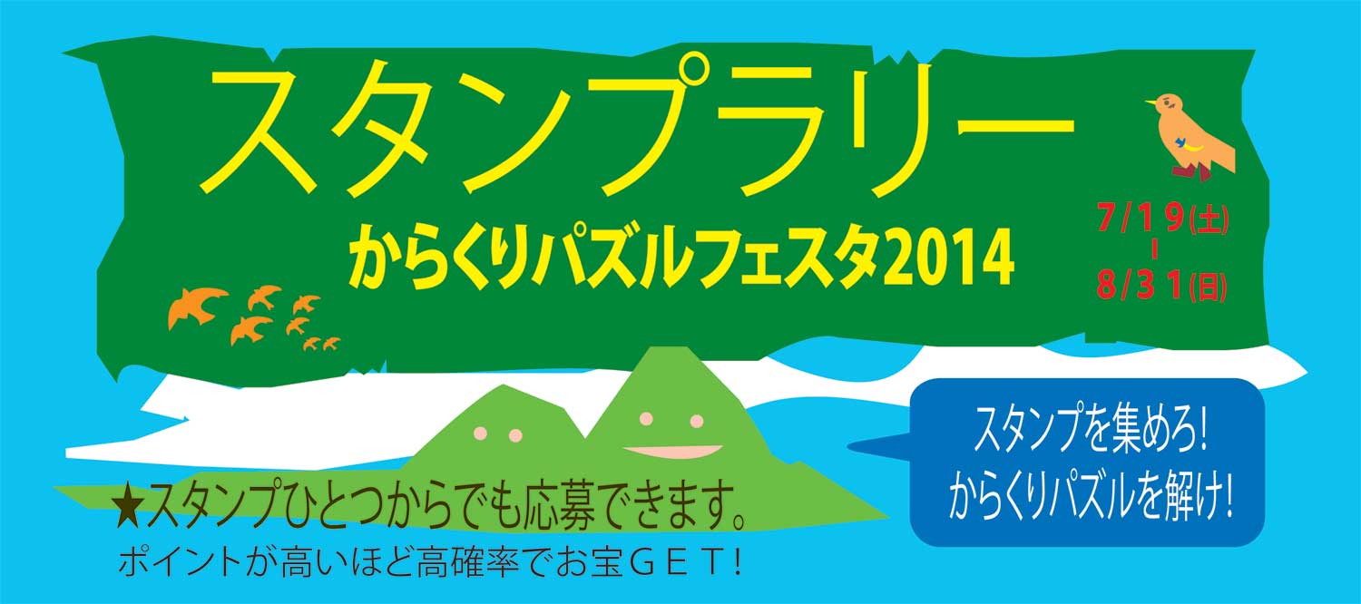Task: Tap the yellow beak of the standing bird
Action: tap(1150, 102)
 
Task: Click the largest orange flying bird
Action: tap(197, 307)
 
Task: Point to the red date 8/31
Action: tap(1141, 284)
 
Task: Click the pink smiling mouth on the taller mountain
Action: tap(672, 451)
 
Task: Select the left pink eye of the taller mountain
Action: tap(646, 418)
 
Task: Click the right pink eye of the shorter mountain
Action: tap(515, 435)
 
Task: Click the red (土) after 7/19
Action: tap(1209, 219)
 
